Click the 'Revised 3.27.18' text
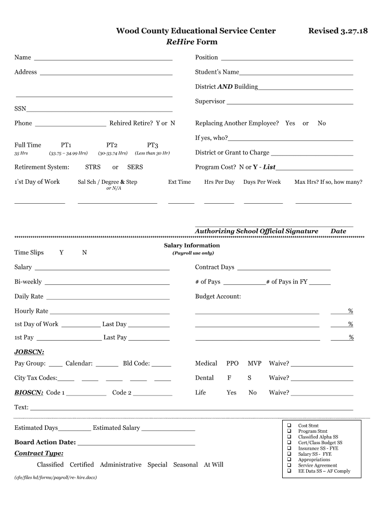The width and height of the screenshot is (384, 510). click(x=338, y=31)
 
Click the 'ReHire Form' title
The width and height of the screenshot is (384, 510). click(x=192, y=42)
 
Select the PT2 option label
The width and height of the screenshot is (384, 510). click(x=112, y=145)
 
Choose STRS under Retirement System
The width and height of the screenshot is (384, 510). click(x=93, y=167)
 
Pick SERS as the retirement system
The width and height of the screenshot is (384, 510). click(x=135, y=167)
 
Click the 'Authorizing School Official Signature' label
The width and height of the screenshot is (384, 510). click(x=256, y=231)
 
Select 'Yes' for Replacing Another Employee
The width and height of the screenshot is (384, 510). click(x=290, y=123)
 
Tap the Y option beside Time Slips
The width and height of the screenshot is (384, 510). click(x=61, y=253)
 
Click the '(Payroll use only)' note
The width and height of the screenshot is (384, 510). click(x=193, y=253)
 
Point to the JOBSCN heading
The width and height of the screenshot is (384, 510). click(x=29, y=352)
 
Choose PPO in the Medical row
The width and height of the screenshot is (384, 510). click(x=232, y=364)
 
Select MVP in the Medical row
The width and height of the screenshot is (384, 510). click(x=254, y=364)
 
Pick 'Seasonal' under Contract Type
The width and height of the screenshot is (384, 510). click(x=186, y=465)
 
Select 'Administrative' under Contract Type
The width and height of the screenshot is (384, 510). click(x=121, y=465)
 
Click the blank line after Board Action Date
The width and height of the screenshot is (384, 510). click(x=136, y=444)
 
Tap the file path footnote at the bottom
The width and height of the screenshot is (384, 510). click(x=55, y=478)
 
